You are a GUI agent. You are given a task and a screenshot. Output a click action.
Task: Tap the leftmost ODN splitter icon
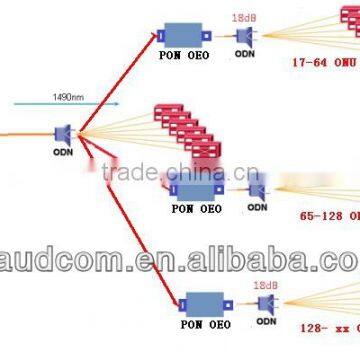[63, 134]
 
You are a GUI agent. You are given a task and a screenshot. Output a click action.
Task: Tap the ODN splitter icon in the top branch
[243, 36]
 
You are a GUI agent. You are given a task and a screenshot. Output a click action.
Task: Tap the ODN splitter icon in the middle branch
[256, 185]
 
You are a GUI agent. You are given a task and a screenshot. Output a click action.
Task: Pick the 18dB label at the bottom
[265, 285]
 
